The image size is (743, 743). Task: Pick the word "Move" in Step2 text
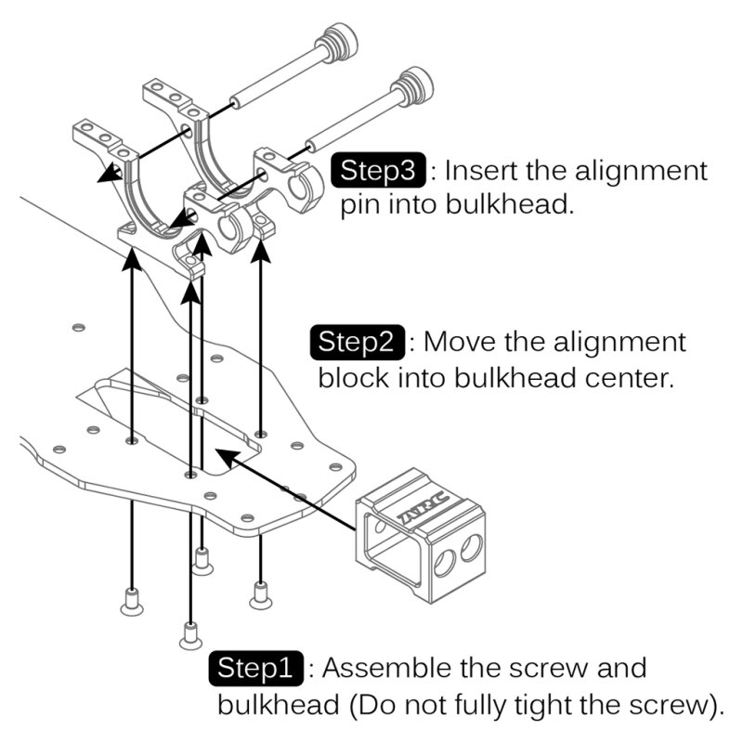pyautogui.click(x=461, y=342)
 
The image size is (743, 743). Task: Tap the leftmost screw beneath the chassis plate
pyautogui.click(x=132, y=601)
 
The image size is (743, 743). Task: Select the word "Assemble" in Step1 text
pyautogui.click(x=385, y=669)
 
